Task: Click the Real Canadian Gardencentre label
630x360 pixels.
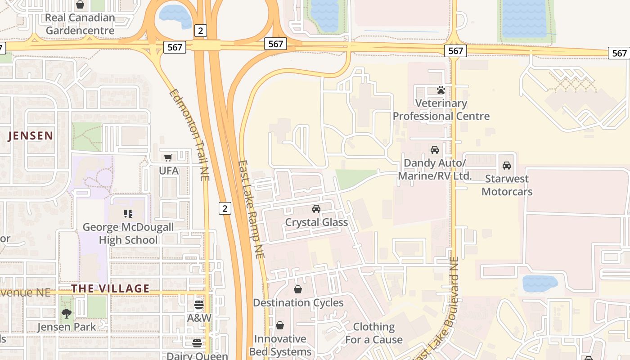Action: [x=80, y=24]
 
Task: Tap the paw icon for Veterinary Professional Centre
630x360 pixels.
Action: [x=441, y=90]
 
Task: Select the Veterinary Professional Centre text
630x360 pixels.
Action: [x=441, y=110]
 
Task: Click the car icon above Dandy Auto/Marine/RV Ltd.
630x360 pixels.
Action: [x=435, y=150]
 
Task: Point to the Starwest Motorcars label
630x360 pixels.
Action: [x=507, y=185]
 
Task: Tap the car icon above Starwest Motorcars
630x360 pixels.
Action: [x=507, y=166]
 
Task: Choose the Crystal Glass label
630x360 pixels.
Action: [x=316, y=222]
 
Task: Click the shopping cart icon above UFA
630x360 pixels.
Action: [x=168, y=157]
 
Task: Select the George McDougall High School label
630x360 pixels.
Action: [x=128, y=234]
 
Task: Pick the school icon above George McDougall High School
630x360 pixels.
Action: [x=128, y=213]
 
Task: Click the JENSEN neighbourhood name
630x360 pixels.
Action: [x=31, y=135]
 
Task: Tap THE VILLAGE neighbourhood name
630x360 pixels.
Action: [x=110, y=288]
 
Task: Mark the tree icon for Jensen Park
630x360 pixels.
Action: [x=67, y=313]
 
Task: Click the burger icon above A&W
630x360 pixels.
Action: [x=199, y=305]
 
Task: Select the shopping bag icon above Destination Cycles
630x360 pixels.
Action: [x=298, y=289]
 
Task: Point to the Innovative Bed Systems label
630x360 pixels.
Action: [x=280, y=345]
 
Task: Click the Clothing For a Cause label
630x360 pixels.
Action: [x=373, y=333]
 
